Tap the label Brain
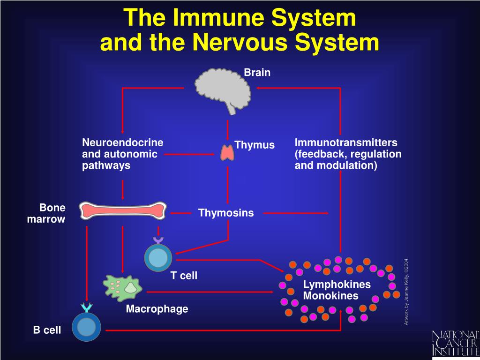(257, 72)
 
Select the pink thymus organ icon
(227, 152)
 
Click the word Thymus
(255, 145)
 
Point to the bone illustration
(123, 210)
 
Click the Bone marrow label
(46, 213)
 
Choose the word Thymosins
(226, 213)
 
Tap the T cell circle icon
(158, 258)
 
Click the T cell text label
(184, 276)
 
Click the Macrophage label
(157, 309)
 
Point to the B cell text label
(47, 330)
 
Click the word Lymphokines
(337, 285)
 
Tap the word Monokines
(330, 296)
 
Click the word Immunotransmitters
(346, 142)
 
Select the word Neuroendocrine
(123, 142)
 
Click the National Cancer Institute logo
(455, 343)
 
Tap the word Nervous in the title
(241, 43)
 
